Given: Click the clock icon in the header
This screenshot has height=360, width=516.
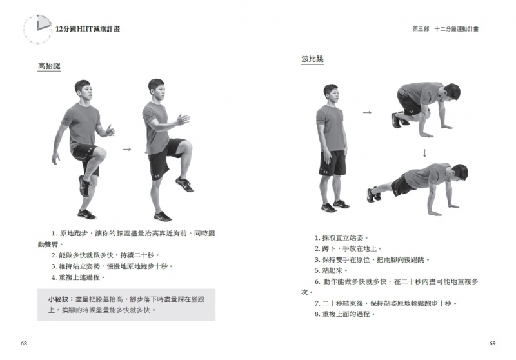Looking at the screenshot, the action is (x=37, y=29).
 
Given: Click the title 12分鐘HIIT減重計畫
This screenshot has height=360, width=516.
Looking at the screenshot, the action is (x=88, y=29).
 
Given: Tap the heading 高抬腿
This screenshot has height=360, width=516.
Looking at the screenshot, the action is (x=50, y=66).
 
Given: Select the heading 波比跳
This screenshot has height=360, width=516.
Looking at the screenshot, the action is (x=312, y=59).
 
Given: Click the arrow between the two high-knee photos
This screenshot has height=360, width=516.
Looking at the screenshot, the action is (x=126, y=150).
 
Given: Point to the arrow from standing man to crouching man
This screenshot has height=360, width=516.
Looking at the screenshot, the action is (x=367, y=112).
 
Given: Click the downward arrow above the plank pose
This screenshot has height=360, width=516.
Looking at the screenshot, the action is (x=424, y=154).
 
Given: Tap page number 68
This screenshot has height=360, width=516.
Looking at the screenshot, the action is (x=24, y=343).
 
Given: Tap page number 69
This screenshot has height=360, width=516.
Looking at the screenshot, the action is (x=492, y=343).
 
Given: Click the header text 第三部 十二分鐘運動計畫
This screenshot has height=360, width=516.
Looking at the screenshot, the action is (x=446, y=29).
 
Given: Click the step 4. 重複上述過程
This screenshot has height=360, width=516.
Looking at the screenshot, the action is (x=78, y=277).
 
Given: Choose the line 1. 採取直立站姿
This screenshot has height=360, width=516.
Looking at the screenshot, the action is (x=341, y=237).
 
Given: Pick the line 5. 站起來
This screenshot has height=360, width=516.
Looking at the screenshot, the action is (x=331, y=270).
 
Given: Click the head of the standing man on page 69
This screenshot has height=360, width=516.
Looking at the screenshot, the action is (x=331, y=93).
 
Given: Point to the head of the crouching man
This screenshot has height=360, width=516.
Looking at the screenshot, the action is (x=451, y=92).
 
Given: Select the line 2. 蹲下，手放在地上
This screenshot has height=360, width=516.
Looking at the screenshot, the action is (x=348, y=248).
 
